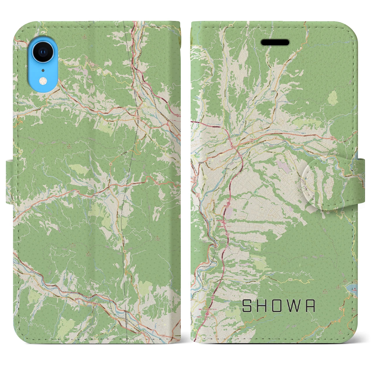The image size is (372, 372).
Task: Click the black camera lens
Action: [43, 52]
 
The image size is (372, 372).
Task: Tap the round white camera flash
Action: [43, 80]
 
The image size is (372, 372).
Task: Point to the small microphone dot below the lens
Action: [43, 70]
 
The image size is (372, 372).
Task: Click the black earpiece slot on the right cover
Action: [275, 43]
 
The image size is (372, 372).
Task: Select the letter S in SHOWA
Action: [248, 306]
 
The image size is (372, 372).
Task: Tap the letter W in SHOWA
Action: [295, 306]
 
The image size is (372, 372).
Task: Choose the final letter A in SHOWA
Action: [310, 306]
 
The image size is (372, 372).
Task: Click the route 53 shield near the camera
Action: [60, 83]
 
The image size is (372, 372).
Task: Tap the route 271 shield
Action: [149, 107]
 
